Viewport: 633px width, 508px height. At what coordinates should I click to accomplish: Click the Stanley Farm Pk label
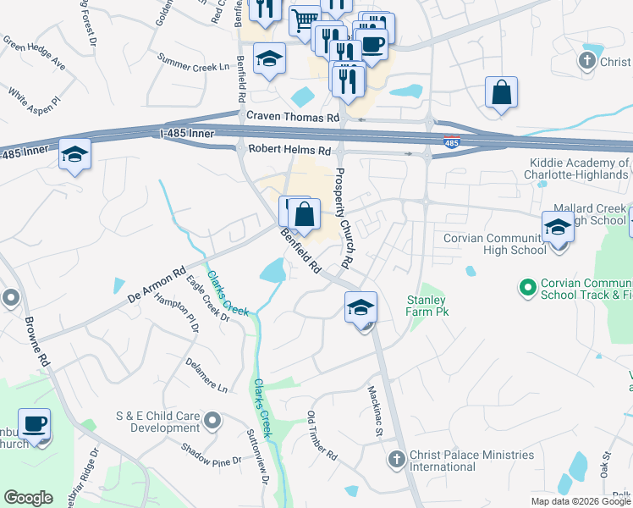click(x=427, y=306)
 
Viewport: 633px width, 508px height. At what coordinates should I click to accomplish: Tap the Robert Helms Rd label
click(x=289, y=150)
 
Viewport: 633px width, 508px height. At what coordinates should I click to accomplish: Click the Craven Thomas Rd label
click(x=292, y=117)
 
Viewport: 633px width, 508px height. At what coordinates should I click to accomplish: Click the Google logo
click(x=29, y=498)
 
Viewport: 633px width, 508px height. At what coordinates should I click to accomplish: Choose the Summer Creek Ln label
click(x=194, y=62)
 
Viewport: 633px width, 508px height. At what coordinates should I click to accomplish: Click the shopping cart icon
click(x=304, y=19)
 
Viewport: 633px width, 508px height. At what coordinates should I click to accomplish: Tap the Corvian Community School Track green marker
click(x=528, y=289)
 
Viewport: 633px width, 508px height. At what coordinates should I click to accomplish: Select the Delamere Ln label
click(x=207, y=377)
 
